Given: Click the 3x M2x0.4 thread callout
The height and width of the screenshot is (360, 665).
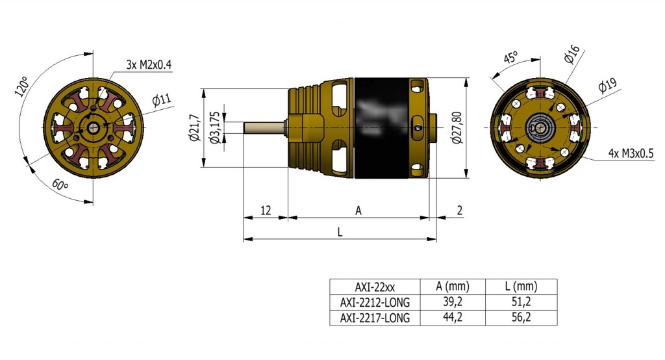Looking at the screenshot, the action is click(x=149, y=65).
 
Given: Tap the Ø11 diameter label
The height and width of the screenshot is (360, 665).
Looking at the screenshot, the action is click(x=162, y=100).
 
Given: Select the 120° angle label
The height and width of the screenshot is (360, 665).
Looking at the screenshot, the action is click(x=21, y=86).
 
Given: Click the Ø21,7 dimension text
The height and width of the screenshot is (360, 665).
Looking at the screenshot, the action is click(x=195, y=128).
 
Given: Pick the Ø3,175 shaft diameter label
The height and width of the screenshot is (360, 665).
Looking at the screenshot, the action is click(x=216, y=127).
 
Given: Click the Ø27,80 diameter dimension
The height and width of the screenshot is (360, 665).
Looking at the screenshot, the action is click(x=457, y=127).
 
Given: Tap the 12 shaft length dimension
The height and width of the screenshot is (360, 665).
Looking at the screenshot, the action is click(x=266, y=210).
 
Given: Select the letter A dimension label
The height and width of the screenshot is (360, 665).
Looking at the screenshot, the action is click(x=358, y=210).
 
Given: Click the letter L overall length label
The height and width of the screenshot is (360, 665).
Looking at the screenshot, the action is click(x=339, y=232).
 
